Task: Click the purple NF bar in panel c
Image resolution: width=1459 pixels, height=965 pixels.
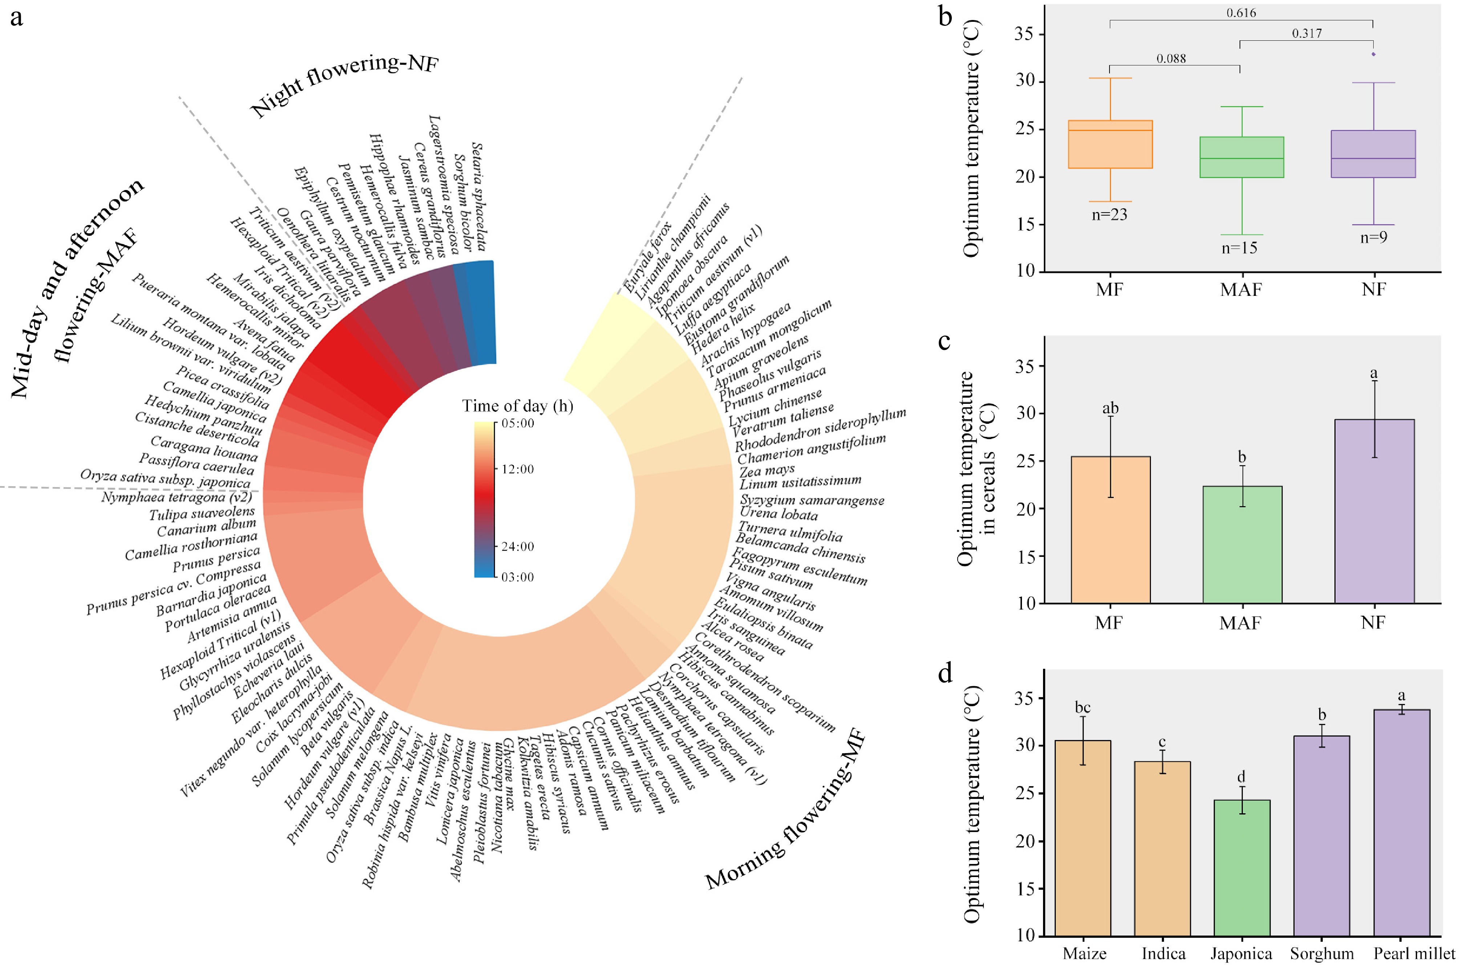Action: (x=1374, y=511)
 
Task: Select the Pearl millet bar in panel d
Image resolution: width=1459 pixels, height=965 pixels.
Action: (x=1401, y=823)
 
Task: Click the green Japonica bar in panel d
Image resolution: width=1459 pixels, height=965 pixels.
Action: (x=1241, y=868)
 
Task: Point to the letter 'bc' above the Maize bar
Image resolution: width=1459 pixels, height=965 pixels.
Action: (x=1083, y=708)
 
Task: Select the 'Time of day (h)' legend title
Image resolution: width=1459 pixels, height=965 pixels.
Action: (x=517, y=406)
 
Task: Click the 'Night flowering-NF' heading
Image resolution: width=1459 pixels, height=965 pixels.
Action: (x=344, y=86)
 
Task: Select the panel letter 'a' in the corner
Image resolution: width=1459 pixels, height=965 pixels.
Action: (x=17, y=17)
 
